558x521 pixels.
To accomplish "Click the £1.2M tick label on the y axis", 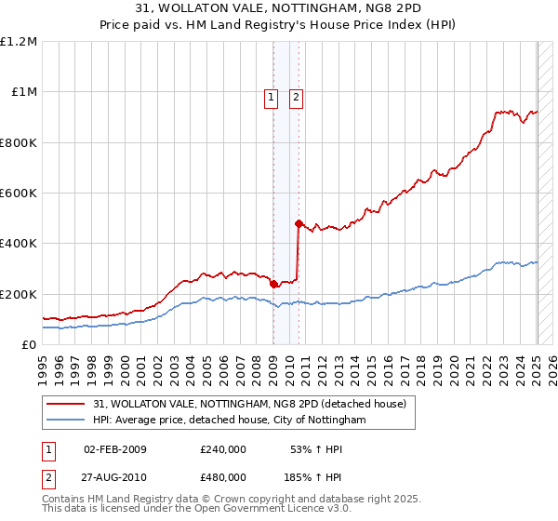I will pyautogui.click(x=20, y=42).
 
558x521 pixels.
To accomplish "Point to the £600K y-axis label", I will pyautogui.click(x=20, y=194).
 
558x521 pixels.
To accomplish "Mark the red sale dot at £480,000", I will pyautogui.click(x=299, y=223).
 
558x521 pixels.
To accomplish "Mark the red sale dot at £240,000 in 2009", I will pyautogui.click(x=273, y=284).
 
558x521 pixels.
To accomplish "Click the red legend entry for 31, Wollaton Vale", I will pyautogui.click(x=249, y=405).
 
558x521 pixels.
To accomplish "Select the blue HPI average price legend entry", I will pyautogui.click(x=229, y=421).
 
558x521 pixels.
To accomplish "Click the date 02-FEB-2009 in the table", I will pyautogui.click(x=114, y=449).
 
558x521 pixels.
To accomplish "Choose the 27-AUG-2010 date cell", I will pyautogui.click(x=114, y=477).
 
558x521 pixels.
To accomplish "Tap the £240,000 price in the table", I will pyautogui.click(x=222, y=449).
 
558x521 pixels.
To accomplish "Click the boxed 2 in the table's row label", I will pyautogui.click(x=46, y=477).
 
